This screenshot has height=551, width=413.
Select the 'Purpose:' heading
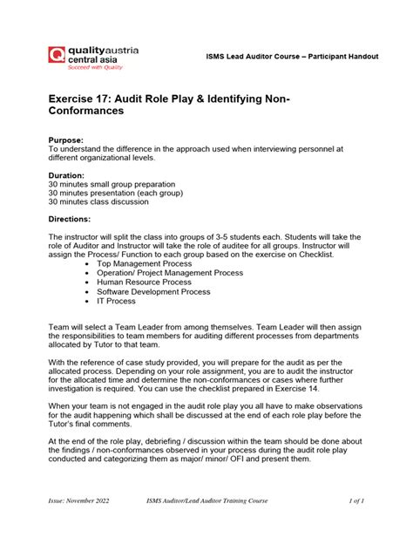click(x=67, y=139)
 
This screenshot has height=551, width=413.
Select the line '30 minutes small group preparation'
click(x=112, y=185)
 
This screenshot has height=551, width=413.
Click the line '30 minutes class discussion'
click(x=98, y=202)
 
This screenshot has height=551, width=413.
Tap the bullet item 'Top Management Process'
click(x=144, y=262)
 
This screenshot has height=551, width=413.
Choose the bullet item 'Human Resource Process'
click(x=144, y=282)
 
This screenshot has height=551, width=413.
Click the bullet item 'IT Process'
click(x=117, y=301)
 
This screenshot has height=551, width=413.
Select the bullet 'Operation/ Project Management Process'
click(x=170, y=272)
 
